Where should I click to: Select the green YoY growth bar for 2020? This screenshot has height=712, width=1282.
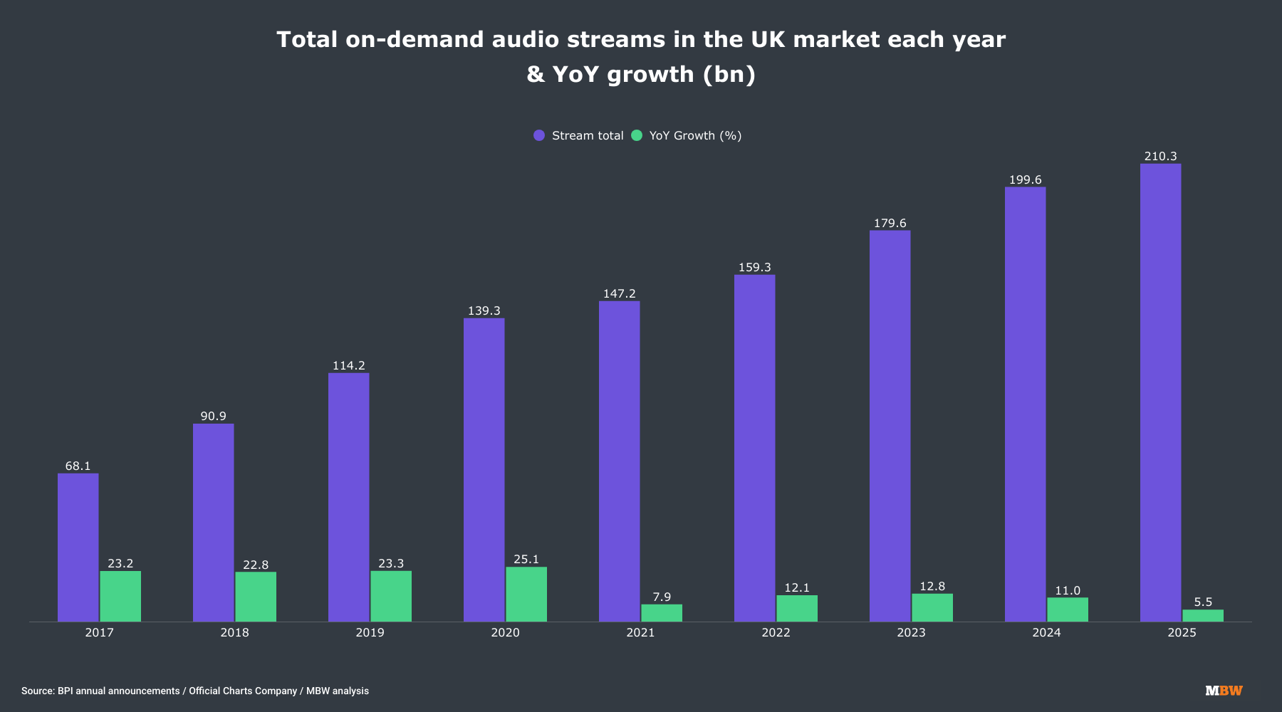click(526, 594)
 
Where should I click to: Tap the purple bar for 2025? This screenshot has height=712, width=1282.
click(1160, 392)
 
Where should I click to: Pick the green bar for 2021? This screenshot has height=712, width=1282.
click(662, 613)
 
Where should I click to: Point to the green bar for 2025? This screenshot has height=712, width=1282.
click(1203, 615)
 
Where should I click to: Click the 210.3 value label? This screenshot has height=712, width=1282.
click(1160, 157)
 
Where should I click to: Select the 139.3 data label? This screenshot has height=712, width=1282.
click(484, 311)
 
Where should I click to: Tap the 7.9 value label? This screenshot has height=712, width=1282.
click(662, 597)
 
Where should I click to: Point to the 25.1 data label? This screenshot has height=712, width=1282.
click(526, 560)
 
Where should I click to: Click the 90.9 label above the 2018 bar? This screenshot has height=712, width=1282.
click(213, 417)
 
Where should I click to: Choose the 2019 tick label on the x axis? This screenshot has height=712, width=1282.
click(370, 633)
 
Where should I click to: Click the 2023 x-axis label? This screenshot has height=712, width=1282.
click(911, 633)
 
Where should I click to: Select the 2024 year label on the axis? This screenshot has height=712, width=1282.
click(1046, 633)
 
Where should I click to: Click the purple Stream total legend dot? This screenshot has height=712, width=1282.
click(539, 135)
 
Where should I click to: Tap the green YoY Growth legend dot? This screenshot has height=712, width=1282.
click(637, 135)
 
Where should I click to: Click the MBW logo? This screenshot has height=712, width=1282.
click(1224, 691)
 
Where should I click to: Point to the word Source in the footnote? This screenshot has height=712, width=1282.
click(38, 691)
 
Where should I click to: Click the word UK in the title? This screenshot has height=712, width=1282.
click(768, 39)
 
